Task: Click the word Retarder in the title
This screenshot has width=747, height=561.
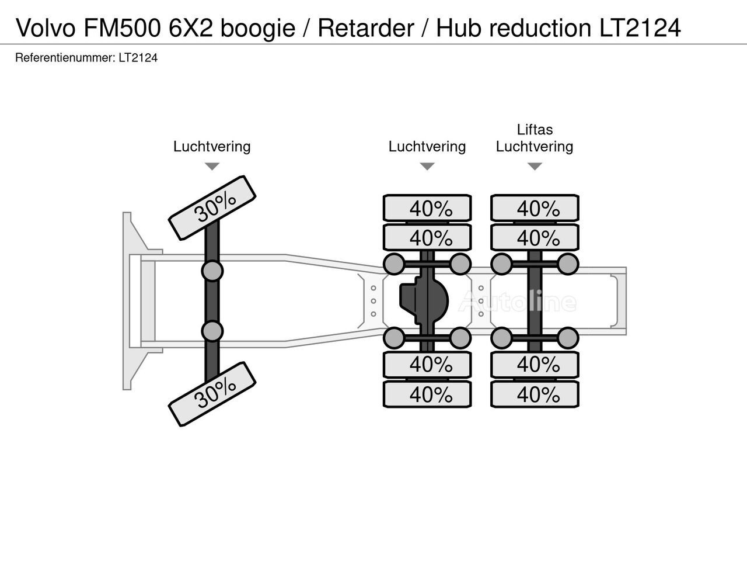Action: pos(366,27)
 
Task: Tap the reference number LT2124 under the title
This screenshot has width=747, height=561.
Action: pos(138,58)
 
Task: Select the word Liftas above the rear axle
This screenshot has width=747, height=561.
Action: pos(535,130)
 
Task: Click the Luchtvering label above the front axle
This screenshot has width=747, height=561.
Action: pos(212,147)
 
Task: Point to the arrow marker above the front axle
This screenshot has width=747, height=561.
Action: pos(212,167)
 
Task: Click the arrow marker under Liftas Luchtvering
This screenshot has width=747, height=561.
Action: pos(535,167)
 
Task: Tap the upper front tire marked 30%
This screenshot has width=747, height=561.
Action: pos(212,207)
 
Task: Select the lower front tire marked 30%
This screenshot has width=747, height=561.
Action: pos(212,393)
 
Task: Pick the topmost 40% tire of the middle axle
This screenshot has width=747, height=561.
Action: pos(427,209)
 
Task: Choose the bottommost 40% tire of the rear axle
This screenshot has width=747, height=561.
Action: pos(535,394)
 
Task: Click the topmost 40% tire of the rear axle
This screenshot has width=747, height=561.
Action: pos(535,209)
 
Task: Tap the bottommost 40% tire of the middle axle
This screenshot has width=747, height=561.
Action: pos(427,394)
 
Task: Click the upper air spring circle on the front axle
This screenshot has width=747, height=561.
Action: pos(212,271)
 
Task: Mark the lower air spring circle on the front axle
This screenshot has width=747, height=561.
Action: pos(212,331)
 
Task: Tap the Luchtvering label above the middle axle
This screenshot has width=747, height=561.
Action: pos(427,147)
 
